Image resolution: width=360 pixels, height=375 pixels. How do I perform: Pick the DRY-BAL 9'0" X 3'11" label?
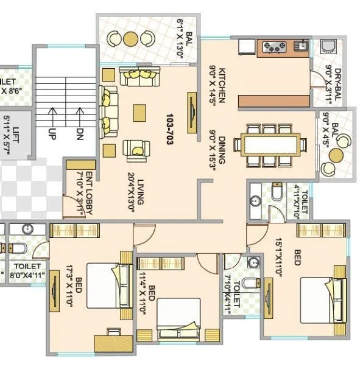point(333,83)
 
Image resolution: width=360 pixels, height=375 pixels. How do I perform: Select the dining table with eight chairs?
point(274,145)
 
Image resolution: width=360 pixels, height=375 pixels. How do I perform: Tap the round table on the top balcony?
point(130,38)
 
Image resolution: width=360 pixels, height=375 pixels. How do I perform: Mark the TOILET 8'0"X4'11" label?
point(27,271)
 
